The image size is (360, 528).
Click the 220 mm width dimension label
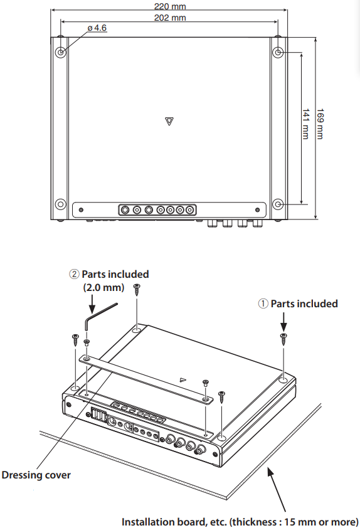170,6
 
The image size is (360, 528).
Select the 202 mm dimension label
170,18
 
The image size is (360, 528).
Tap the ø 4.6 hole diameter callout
97,28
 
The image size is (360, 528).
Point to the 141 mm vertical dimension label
305,124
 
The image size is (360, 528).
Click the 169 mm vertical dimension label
320,124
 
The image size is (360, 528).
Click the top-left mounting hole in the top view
61,53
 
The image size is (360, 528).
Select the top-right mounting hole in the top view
278,53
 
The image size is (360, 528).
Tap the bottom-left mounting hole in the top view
61,204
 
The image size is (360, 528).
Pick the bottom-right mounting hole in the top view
278,204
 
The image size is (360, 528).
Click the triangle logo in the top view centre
169,121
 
